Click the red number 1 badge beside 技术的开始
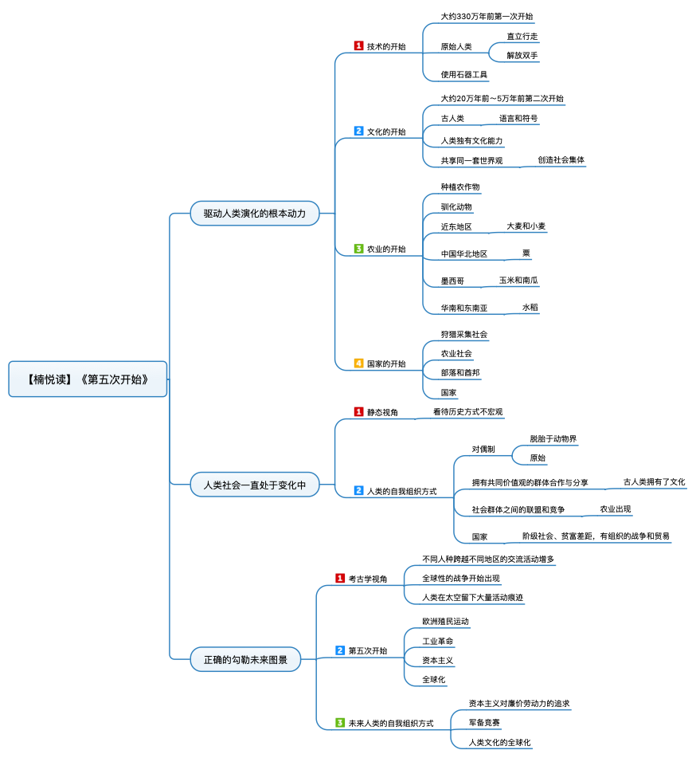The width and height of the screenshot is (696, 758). click(358, 46)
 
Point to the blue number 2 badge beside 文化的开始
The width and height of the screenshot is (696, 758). click(358, 132)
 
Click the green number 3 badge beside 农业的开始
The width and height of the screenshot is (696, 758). click(358, 249)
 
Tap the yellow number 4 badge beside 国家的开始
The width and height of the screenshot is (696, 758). click(358, 363)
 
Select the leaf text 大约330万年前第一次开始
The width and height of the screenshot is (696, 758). click(487, 16)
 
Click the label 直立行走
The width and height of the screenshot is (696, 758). click(522, 37)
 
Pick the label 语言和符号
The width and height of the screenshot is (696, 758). click(518, 118)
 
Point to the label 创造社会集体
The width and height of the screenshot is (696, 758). click(561, 159)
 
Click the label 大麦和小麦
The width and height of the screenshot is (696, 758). click(526, 226)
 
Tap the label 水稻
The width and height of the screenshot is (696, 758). click(530, 307)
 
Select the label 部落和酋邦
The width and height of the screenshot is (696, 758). click(460, 372)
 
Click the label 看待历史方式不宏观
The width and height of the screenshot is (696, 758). click(467, 412)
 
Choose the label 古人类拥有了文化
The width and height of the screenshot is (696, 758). click(654, 481)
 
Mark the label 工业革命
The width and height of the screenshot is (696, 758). click(438, 641)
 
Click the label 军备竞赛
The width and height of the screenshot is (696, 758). click(484, 723)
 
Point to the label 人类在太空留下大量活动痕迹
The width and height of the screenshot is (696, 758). click(472, 597)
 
